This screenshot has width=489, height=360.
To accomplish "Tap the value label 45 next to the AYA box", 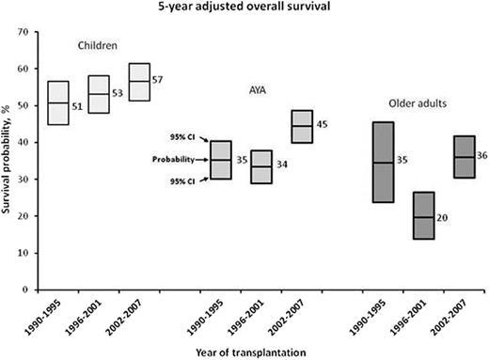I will tap(322, 125).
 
